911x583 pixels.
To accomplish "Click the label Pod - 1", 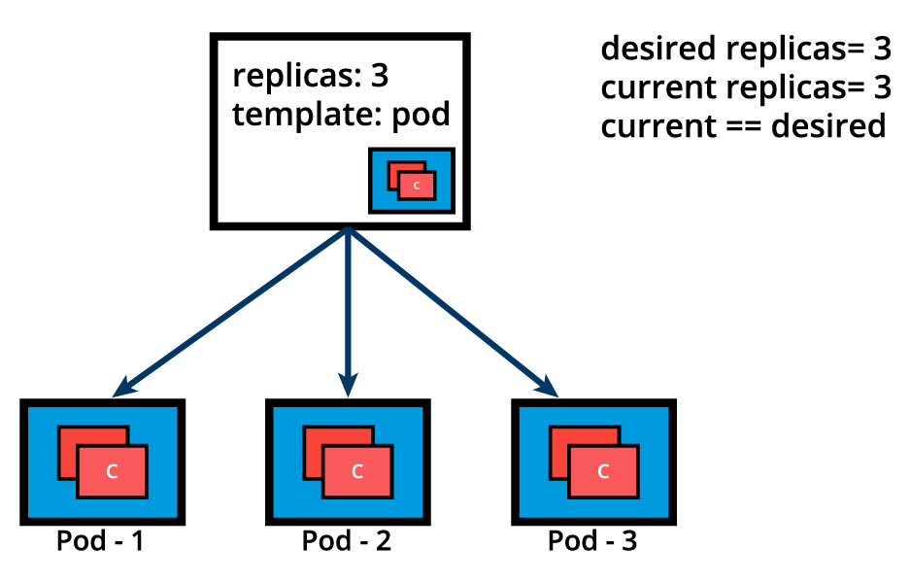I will tap(100, 541).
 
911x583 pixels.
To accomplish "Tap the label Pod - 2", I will tap(347, 541).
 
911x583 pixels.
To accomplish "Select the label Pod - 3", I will tap(592, 541).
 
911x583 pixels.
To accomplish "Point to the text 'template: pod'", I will tap(342, 115).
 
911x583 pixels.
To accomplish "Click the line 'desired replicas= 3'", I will tap(745, 49).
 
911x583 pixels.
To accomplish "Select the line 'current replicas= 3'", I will tap(745, 87).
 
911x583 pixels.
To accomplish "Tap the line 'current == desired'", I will tap(743, 126).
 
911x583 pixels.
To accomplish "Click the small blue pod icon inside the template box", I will tap(412, 181).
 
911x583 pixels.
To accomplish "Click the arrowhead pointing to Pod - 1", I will tap(121, 390).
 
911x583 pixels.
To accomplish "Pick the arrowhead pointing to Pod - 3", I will tap(549, 388).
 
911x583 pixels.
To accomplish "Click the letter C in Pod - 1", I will tap(112, 472).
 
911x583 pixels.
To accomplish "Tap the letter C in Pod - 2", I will tap(357, 472).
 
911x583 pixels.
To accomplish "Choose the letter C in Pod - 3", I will tap(603, 472).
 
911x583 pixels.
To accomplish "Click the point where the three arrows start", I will tap(347, 231).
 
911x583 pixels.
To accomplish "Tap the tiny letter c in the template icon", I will tap(417, 185).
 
